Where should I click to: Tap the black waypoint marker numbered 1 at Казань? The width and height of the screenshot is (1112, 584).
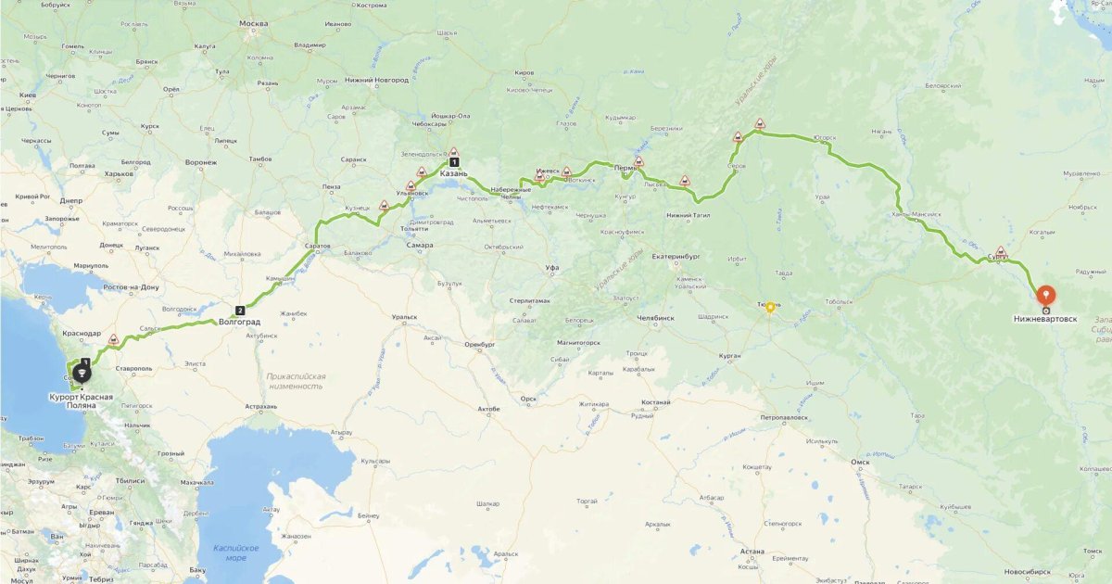point(454,162)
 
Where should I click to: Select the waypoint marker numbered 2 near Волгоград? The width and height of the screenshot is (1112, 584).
point(240,311)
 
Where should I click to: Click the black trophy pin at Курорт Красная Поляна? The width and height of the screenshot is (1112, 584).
point(82,374)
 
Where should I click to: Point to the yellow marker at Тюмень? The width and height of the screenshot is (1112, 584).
point(769,307)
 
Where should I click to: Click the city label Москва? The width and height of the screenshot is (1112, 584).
point(253,23)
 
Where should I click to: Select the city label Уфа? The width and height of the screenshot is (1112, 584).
point(552,267)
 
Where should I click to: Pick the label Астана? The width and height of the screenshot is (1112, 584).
point(752,552)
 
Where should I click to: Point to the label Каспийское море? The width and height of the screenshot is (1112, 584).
point(230,552)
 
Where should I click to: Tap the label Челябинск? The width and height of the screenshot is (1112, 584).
point(653,318)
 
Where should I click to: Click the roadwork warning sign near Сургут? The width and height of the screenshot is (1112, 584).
point(1001,251)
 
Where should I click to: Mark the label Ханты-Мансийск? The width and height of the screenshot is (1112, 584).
point(916,214)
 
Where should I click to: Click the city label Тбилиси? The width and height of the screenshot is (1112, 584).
point(130,480)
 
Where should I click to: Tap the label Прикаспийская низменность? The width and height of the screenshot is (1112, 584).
point(296,381)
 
